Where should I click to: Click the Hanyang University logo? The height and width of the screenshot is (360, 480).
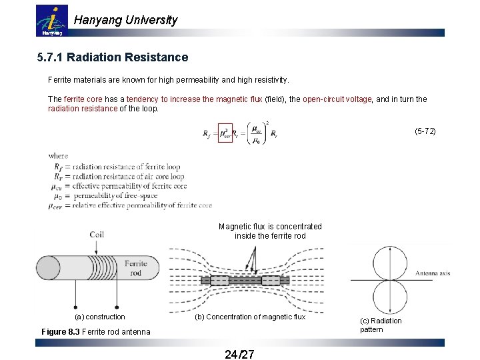coord(51,21)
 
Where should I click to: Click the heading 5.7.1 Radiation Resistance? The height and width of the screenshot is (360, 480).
coord(113,58)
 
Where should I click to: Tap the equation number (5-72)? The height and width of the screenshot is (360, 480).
coord(425,131)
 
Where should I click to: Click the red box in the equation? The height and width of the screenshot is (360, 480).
coord(227,133)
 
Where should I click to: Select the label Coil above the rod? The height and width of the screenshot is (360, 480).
coord(97,235)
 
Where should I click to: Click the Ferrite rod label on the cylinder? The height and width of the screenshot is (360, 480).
coord(135,269)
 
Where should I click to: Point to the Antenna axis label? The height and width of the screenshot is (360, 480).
coord(432,273)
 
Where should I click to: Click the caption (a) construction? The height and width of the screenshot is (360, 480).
coord(99,317)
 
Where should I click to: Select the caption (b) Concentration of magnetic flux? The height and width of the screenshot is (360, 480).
coord(249,317)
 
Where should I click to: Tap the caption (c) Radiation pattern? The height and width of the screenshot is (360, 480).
coord(381,325)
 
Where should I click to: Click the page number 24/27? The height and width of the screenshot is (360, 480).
coord(239,353)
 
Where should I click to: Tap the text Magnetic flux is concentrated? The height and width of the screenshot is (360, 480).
coord(269,227)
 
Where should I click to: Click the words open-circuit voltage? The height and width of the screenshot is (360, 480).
coord(337,99)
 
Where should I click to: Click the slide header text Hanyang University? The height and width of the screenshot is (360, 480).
coord(125,20)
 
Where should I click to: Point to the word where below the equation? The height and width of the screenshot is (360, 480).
coord(58,156)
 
